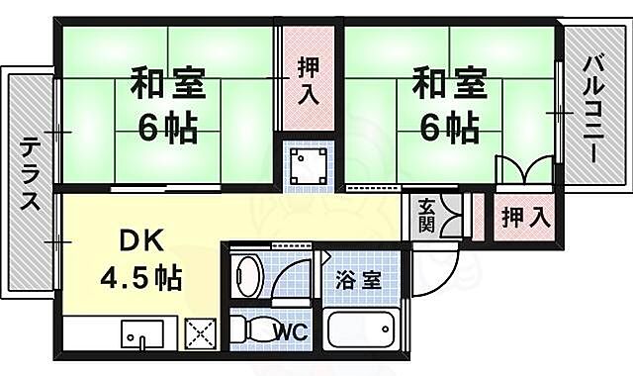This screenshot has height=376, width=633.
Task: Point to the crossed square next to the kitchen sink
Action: click(x=201, y=334)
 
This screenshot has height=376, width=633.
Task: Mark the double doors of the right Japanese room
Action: click(x=522, y=171)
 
